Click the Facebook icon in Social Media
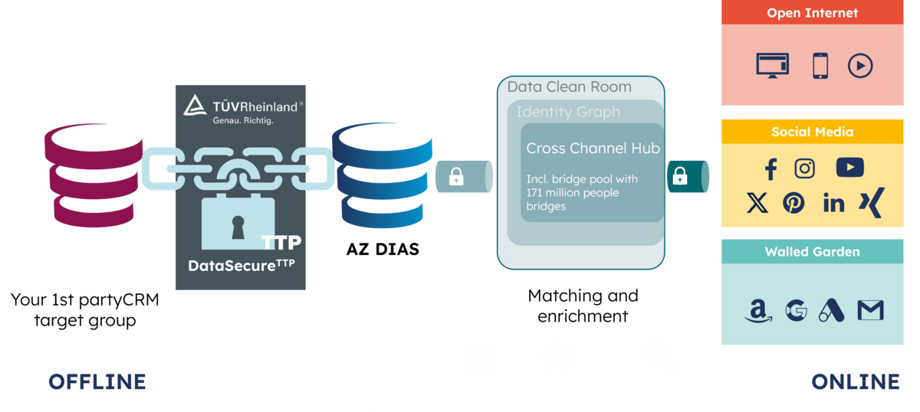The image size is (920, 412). [x=771, y=169]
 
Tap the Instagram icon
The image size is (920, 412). [x=804, y=168]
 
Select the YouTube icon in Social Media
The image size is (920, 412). [x=849, y=168]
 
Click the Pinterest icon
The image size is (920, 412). [x=793, y=203]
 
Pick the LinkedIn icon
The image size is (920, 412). [x=834, y=202]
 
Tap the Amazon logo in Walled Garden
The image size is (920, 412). [x=758, y=311]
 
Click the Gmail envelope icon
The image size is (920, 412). [x=870, y=310]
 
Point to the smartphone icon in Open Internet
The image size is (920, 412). [x=820, y=66]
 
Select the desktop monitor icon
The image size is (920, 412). [x=772, y=66]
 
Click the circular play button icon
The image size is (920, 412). [x=860, y=66]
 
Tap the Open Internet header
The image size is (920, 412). [x=812, y=12]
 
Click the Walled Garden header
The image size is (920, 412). [x=812, y=251]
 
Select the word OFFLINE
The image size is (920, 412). [x=97, y=381]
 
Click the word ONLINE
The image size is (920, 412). [x=856, y=381]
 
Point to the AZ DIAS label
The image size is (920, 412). [x=383, y=249]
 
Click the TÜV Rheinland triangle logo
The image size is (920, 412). [x=195, y=106]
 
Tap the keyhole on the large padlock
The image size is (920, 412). [x=238, y=227]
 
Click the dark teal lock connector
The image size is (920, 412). [x=688, y=176]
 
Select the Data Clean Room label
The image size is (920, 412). [x=569, y=87]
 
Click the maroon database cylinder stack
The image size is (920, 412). [x=94, y=175]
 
